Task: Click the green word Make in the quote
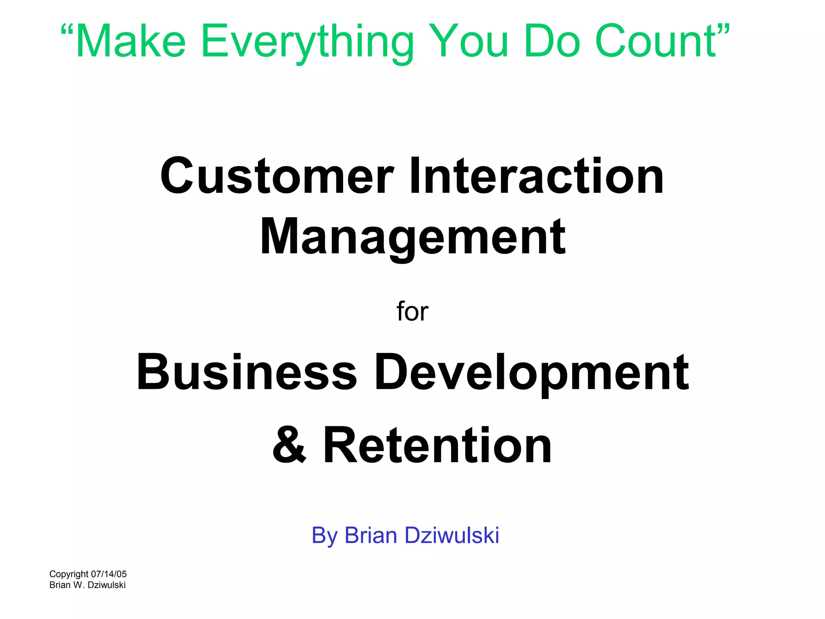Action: [x=131, y=42]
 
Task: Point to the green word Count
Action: [x=655, y=42]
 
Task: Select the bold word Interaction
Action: [x=536, y=177]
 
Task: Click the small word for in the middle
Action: [x=412, y=312]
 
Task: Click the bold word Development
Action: [x=532, y=373]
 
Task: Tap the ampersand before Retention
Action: [x=289, y=446]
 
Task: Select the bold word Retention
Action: [x=437, y=446]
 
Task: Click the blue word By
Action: [x=324, y=536]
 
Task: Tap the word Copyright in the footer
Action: [x=69, y=575]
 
